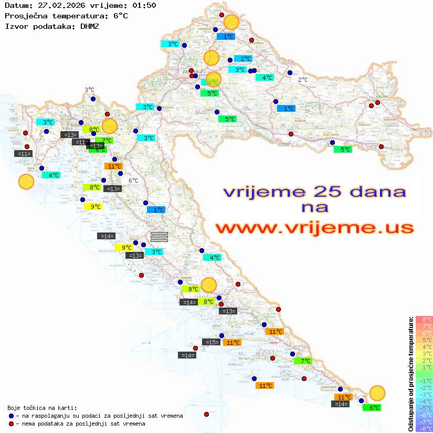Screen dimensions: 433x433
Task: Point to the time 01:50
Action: tap(144, 6)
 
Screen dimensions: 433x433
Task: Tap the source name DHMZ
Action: tap(90, 26)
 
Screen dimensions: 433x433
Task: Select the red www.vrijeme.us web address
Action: tap(314, 228)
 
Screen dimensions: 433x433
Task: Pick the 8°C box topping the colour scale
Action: tap(424, 319)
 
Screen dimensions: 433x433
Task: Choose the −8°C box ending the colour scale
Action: tap(424, 428)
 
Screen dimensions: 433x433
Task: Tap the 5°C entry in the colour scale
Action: tap(424, 340)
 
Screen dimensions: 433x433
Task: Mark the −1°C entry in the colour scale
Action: tap(424, 381)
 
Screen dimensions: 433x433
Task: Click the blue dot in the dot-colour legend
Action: tap(12, 416)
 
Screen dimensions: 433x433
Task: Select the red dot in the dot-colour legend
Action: tap(12, 424)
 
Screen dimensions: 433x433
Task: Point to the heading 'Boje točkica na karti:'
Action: tap(42, 408)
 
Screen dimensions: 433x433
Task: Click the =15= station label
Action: tap(211, 342)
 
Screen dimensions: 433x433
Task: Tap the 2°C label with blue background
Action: tap(243, 59)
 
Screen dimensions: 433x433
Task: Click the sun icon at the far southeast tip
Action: tap(377, 393)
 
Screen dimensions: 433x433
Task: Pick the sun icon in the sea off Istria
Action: tap(26, 182)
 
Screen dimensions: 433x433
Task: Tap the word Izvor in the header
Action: tap(16, 26)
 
